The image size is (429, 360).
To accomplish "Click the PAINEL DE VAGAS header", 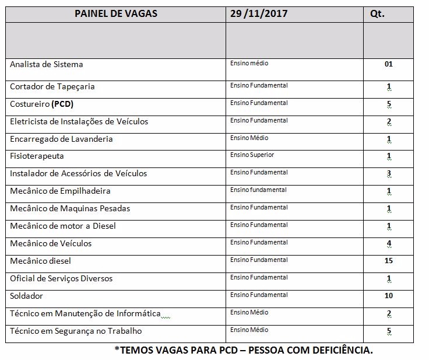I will click(116, 13).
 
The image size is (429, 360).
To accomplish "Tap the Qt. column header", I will click(377, 13).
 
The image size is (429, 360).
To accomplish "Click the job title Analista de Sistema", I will click(47, 64).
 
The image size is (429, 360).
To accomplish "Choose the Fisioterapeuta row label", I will click(37, 156).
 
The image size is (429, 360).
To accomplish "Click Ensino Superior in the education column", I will click(252, 155).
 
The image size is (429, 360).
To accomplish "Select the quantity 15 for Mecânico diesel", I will click(389, 261).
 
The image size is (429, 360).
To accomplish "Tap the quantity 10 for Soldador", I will click(389, 296).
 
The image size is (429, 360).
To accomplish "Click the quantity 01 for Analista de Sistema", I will click(389, 64).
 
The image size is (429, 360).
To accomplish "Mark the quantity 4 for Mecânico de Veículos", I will click(389, 243).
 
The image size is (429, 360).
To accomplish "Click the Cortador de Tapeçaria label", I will click(52, 87).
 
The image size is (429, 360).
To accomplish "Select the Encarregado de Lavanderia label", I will click(61, 139).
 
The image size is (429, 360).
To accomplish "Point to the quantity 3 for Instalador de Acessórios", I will click(389, 173).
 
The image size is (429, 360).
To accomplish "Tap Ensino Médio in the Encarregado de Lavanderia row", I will click(249, 138).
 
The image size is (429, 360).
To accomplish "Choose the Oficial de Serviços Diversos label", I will click(61, 278).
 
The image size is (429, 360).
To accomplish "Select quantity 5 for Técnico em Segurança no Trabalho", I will click(389, 331).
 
